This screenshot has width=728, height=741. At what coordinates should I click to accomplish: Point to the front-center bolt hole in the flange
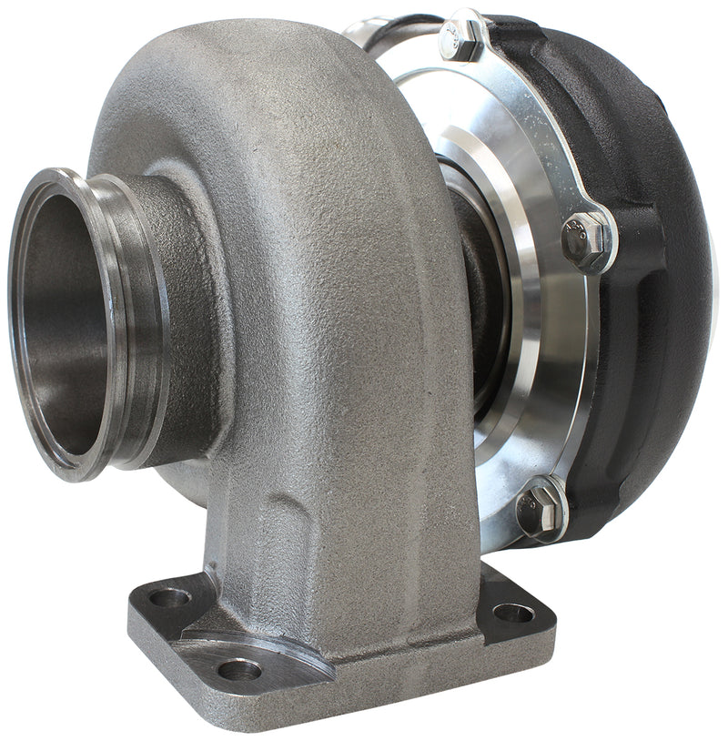(239, 671)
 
